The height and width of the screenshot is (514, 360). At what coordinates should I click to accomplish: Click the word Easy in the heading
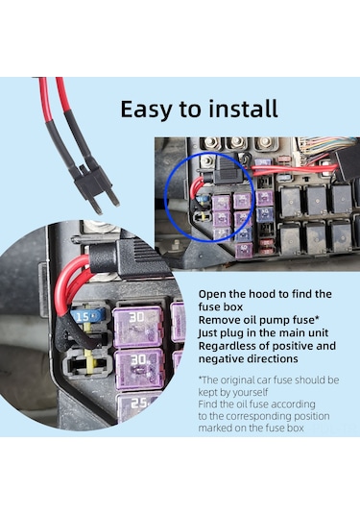pyautogui.click(x=146, y=110)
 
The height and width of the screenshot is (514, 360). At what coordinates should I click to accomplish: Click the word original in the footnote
pyautogui.click(x=238, y=380)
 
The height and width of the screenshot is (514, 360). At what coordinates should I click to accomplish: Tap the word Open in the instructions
pyautogui.click(x=212, y=295)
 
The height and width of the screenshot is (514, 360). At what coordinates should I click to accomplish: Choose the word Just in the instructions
pyautogui.click(x=206, y=333)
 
